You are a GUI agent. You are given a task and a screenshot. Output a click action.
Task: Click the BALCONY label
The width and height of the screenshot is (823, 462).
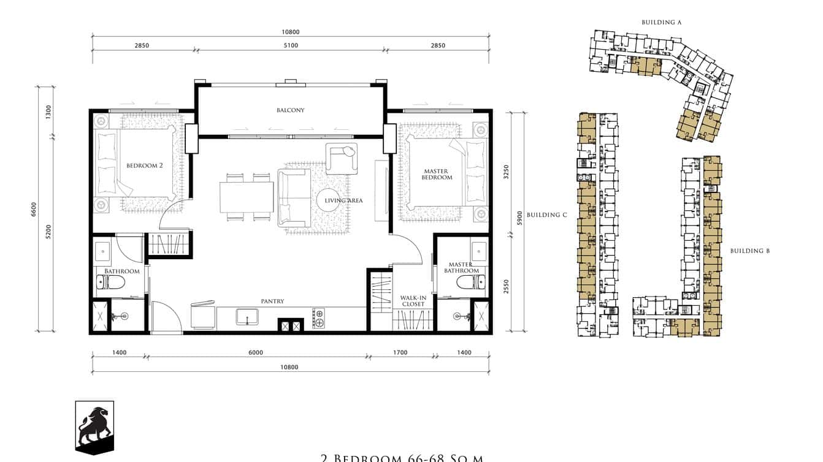(x=290, y=110)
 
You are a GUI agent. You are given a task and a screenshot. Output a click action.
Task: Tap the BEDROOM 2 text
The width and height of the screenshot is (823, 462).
(x=144, y=165)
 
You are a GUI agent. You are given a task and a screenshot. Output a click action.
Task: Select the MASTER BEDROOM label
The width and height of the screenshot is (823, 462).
(x=437, y=174)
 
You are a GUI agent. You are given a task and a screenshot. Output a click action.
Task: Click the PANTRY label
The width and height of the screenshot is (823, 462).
(x=272, y=301)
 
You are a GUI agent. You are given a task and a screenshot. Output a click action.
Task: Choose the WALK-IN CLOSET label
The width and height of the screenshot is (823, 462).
(x=413, y=301)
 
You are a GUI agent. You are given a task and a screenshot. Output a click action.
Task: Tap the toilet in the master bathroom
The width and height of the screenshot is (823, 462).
(x=470, y=281)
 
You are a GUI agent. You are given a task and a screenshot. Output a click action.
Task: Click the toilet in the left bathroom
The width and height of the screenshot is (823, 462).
(x=111, y=282)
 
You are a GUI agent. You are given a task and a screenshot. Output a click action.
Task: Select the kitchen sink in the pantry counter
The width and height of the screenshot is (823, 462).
(x=247, y=317)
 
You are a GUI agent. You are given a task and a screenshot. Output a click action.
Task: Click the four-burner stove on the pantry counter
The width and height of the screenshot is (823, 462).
(x=319, y=318)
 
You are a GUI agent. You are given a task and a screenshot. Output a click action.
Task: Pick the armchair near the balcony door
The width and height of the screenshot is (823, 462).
(x=341, y=158)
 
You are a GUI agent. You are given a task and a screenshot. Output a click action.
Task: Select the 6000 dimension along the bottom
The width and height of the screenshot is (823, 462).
(x=256, y=352)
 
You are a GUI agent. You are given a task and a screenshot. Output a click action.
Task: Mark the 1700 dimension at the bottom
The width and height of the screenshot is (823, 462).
(x=399, y=352)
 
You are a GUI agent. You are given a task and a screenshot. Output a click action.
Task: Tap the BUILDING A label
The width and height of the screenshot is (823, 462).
(x=662, y=22)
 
